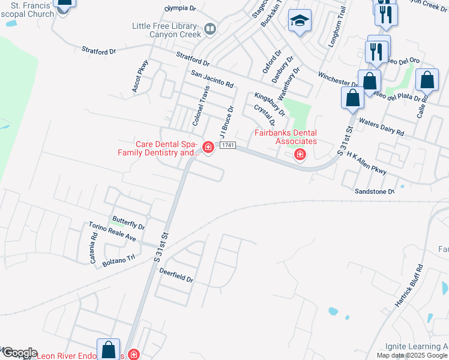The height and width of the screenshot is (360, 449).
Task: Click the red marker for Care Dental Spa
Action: tap(208, 147)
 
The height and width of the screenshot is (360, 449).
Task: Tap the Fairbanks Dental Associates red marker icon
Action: tap(300, 155)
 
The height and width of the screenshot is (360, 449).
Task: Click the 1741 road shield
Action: tap(227, 146)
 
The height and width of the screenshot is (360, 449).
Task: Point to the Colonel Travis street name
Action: tap(200, 106)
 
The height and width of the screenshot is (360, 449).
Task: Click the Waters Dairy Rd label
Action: tap(381, 127)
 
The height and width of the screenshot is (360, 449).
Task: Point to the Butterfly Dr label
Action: tap(128, 223)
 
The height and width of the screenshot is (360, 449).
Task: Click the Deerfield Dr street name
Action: tap(176, 275)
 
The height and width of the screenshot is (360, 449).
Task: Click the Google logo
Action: tap(19, 353)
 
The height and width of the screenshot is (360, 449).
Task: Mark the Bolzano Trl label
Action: tap(120, 259)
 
